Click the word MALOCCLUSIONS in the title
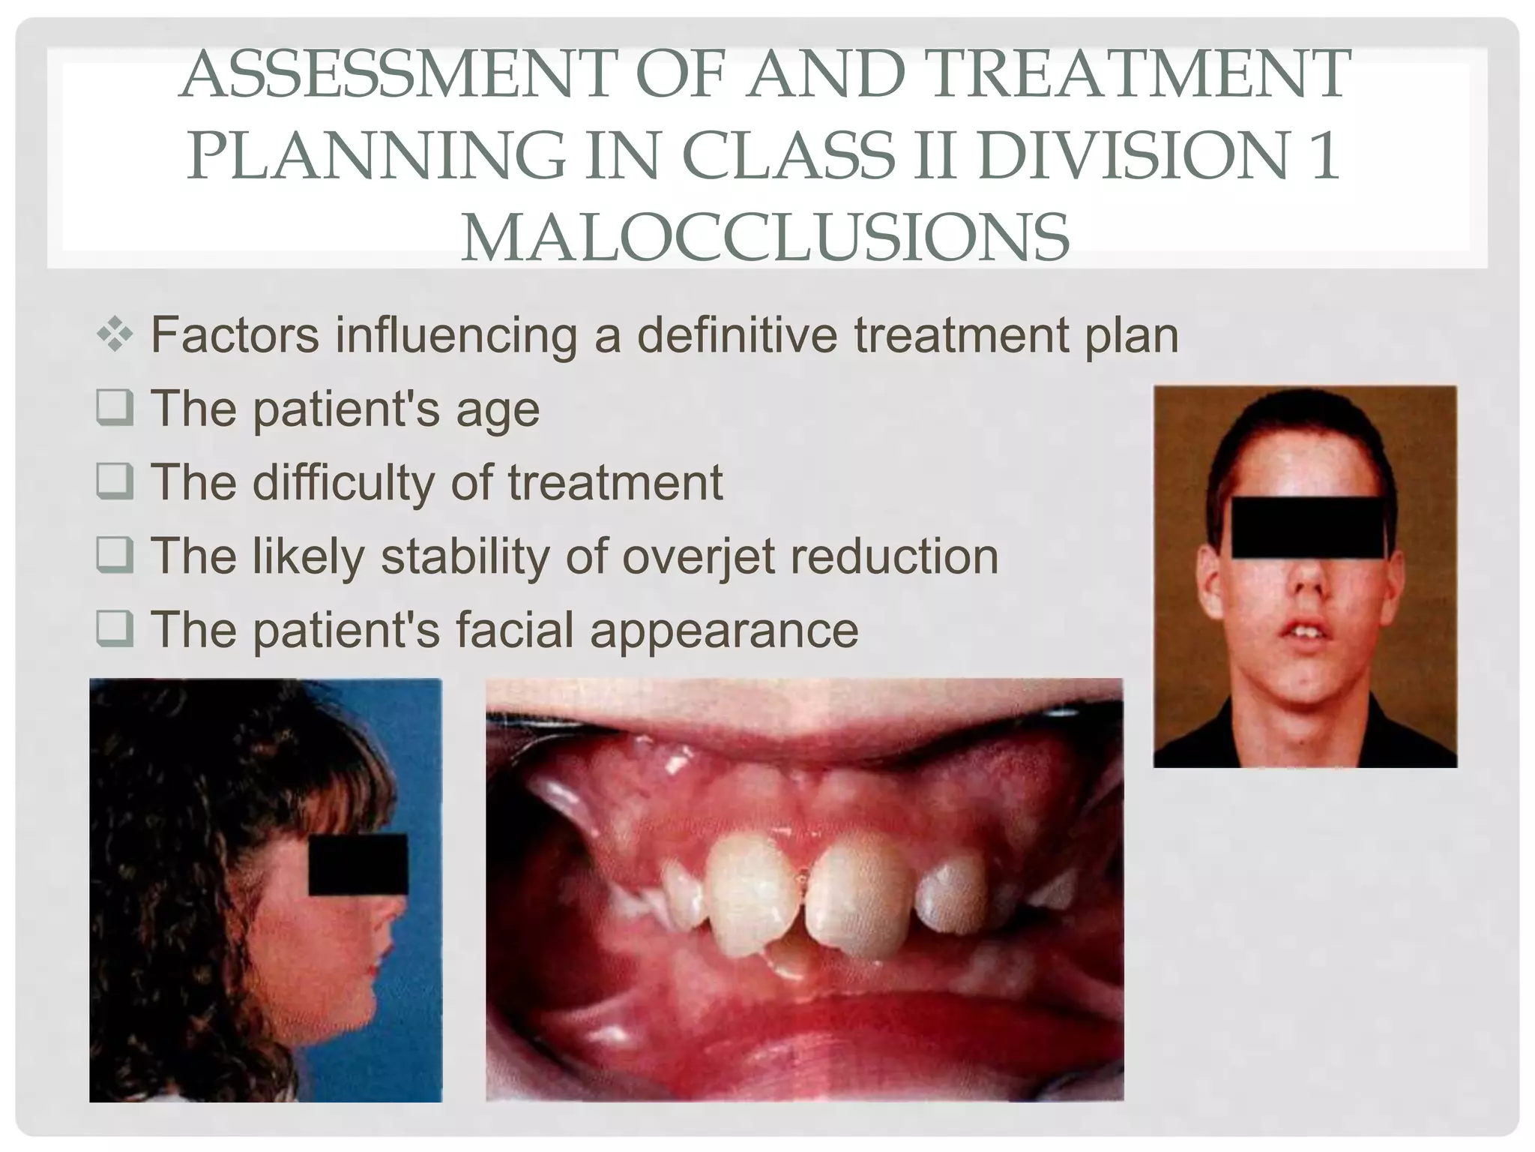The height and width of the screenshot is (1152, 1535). [x=765, y=237]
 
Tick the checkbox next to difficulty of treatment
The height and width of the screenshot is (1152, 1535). [x=115, y=481]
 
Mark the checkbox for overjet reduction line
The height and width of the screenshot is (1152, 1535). [x=115, y=556]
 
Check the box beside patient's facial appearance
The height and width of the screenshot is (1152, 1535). [x=115, y=629]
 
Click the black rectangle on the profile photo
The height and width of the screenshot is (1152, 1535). [x=358, y=864]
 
